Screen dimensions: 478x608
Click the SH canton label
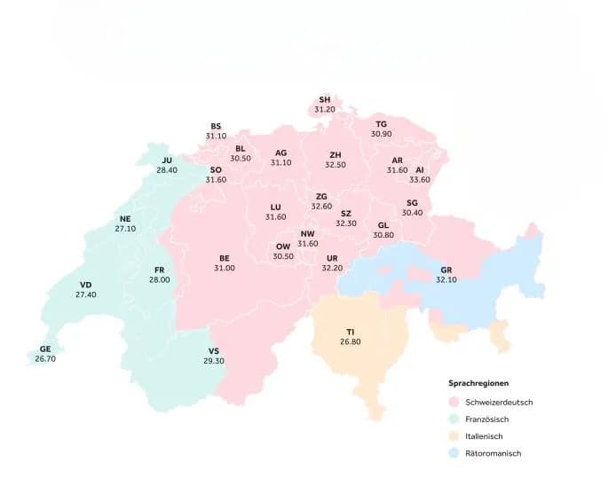click(x=325, y=99)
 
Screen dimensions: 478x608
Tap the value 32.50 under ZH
click(x=336, y=164)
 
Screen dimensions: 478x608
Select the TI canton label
click(x=351, y=331)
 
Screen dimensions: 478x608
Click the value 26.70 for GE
click(x=45, y=359)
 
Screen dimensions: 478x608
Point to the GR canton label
click(x=446, y=269)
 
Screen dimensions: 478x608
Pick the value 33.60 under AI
click(x=420, y=179)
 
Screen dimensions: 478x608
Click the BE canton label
click(x=225, y=258)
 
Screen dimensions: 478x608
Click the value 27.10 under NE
click(x=125, y=228)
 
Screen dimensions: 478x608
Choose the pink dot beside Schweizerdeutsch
click(x=454, y=402)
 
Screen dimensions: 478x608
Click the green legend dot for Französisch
click(x=454, y=419)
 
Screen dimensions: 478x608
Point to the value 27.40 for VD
click(x=86, y=294)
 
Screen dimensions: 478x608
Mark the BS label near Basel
click(x=216, y=126)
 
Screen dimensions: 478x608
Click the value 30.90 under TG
click(x=382, y=134)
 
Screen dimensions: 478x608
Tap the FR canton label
click(x=160, y=269)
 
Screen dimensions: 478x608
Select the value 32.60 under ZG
click(x=321, y=206)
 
